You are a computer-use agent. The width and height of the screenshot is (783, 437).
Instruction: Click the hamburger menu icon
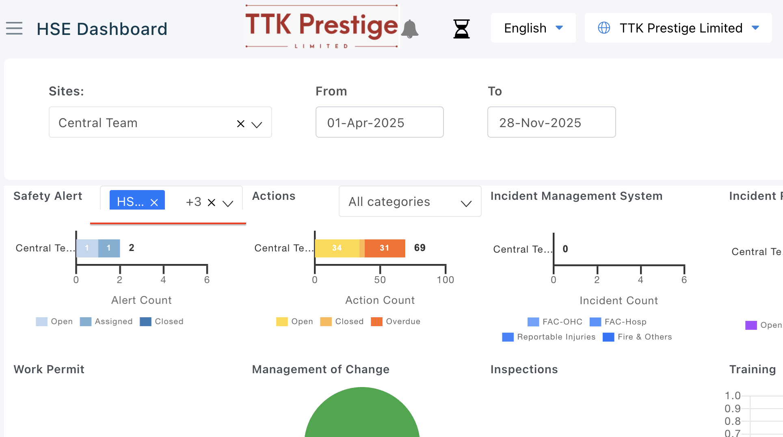[14, 28]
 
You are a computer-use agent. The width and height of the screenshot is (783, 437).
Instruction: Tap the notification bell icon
[410, 29]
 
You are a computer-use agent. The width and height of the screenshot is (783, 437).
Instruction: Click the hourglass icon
[461, 29]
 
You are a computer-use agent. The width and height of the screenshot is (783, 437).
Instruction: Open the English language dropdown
[533, 28]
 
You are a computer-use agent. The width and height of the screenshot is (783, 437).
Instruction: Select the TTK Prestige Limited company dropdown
[678, 28]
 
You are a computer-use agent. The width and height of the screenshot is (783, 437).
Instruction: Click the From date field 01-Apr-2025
[379, 122]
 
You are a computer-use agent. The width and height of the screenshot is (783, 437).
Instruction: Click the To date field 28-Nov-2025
[551, 122]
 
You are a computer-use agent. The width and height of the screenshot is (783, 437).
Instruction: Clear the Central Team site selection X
[241, 123]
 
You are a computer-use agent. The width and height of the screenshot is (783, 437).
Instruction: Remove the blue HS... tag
[154, 202]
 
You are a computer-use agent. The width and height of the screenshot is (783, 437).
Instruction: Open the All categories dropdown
[410, 201]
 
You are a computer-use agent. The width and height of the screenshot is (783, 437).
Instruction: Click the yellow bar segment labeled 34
[337, 248]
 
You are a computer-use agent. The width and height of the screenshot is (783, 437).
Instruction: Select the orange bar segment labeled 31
[385, 248]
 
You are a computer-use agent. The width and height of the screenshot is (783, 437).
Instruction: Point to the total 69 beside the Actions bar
[420, 248]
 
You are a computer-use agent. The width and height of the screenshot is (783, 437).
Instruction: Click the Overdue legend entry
[396, 321]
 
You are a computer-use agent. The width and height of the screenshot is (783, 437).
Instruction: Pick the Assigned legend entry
[106, 321]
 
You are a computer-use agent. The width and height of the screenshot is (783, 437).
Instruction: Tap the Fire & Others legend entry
[638, 337]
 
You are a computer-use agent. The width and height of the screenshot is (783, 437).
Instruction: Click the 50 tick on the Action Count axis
[380, 279]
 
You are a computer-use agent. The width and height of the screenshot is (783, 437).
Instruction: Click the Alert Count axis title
[141, 300]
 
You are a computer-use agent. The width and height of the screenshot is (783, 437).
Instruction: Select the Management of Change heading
[320, 369]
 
